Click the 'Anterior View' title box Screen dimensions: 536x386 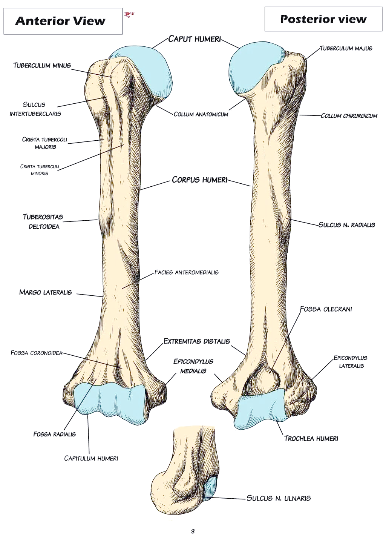[63, 21]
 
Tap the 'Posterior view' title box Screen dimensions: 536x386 [323, 19]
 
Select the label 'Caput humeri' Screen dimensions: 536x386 [194, 39]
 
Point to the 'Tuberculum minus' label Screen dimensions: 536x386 [42, 65]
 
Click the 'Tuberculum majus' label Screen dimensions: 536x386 [346, 48]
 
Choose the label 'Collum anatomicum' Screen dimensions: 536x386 [201, 114]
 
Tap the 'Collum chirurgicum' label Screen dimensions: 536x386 [349, 116]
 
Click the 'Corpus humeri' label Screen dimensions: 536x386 [199, 180]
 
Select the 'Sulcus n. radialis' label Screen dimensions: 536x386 [347, 225]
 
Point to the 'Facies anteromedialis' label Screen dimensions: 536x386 [186, 272]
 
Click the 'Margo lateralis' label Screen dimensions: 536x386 [45, 292]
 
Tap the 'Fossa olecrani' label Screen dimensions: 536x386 [326, 309]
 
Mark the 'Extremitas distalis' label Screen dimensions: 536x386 [196, 341]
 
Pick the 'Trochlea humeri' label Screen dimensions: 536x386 [311, 438]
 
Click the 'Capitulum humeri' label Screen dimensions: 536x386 [91, 458]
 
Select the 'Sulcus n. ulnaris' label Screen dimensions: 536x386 [279, 498]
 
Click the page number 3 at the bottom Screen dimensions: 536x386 [193, 531]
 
